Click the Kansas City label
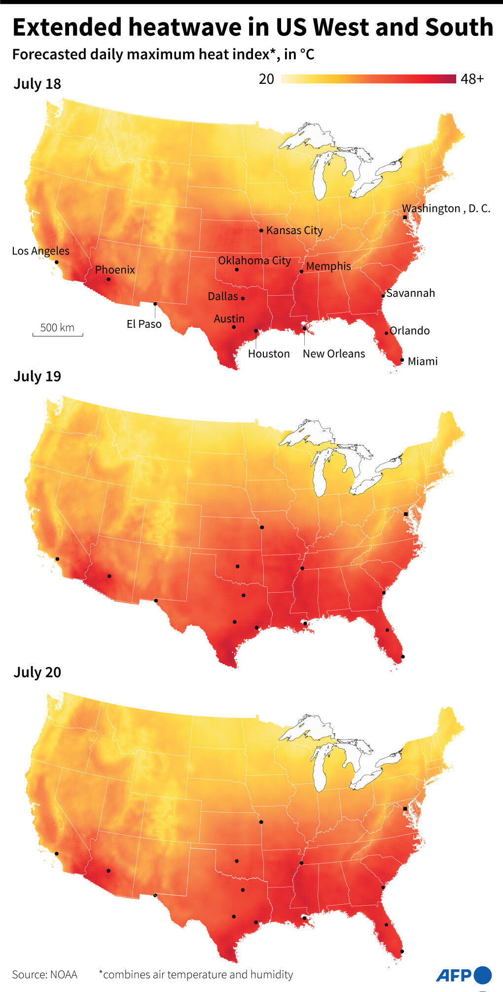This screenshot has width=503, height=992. (x=294, y=230)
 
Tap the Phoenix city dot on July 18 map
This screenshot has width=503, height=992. (x=108, y=280)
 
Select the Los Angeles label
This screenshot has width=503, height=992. (x=40, y=251)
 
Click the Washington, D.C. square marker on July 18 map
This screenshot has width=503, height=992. (x=405, y=217)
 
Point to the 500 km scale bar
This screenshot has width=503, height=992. (x=58, y=330)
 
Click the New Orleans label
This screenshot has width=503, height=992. (x=334, y=354)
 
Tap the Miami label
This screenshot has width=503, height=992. (x=423, y=361)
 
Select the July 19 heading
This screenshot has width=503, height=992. (x=37, y=376)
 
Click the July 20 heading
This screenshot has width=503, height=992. (x=37, y=672)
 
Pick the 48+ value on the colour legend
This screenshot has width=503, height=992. (x=472, y=79)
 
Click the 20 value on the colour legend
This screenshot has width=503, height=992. (x=266, y=79)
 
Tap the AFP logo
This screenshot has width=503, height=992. (x=464, y=975)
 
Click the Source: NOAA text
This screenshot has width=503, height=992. (x=45, y=975)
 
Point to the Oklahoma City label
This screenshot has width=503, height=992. (x=254, y=260)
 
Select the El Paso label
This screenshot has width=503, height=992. (x=144, y=324)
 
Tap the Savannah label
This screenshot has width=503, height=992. (x=410, y=293)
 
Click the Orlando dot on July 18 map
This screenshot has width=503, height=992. (x=386, y=333)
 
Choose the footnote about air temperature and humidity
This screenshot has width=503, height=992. (x=196, y=975)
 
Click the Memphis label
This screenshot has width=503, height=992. (x=328, y=266)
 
